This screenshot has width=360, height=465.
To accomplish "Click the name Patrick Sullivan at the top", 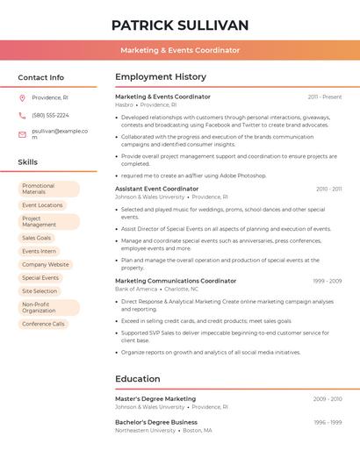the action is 180,25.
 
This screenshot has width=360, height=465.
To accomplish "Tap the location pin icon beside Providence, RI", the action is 22,97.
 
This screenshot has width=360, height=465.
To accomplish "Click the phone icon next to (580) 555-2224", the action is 22,115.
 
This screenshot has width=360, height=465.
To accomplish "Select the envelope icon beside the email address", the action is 22,134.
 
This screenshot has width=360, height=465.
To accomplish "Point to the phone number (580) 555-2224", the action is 50,115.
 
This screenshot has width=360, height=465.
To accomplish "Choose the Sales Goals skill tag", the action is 37,238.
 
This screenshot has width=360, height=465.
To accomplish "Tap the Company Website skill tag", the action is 45,264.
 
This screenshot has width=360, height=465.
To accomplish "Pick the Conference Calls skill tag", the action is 43,324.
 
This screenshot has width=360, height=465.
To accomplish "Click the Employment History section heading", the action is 161,77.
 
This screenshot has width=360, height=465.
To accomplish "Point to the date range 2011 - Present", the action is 324,97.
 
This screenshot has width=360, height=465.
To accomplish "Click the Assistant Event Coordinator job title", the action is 156,189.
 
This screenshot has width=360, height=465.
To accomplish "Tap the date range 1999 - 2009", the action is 326,281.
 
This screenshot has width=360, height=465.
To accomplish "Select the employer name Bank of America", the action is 136,289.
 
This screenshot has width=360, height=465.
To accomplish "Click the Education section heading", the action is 138,379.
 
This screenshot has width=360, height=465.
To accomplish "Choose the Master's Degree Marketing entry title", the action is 155,398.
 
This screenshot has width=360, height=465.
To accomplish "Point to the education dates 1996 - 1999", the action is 327,422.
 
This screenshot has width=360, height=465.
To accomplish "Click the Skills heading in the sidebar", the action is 28,162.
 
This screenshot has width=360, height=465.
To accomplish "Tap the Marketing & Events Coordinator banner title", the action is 180,50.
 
